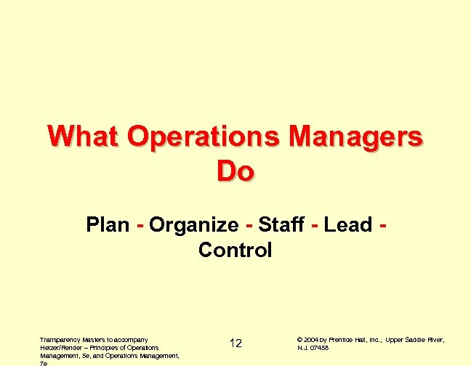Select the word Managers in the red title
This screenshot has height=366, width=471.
[355, 137]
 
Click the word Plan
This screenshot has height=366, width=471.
[108, 225]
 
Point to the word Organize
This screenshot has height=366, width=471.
[193, 226]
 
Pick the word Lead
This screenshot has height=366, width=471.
[348, 225]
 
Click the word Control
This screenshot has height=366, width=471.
[235, 251]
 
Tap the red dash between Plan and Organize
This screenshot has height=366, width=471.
[139, 227]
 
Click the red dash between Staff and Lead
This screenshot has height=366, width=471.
[314, 227]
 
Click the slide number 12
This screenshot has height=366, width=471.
[235, 343]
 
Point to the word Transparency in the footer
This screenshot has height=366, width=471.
[58, 339]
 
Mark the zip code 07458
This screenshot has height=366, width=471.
[320, 347]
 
